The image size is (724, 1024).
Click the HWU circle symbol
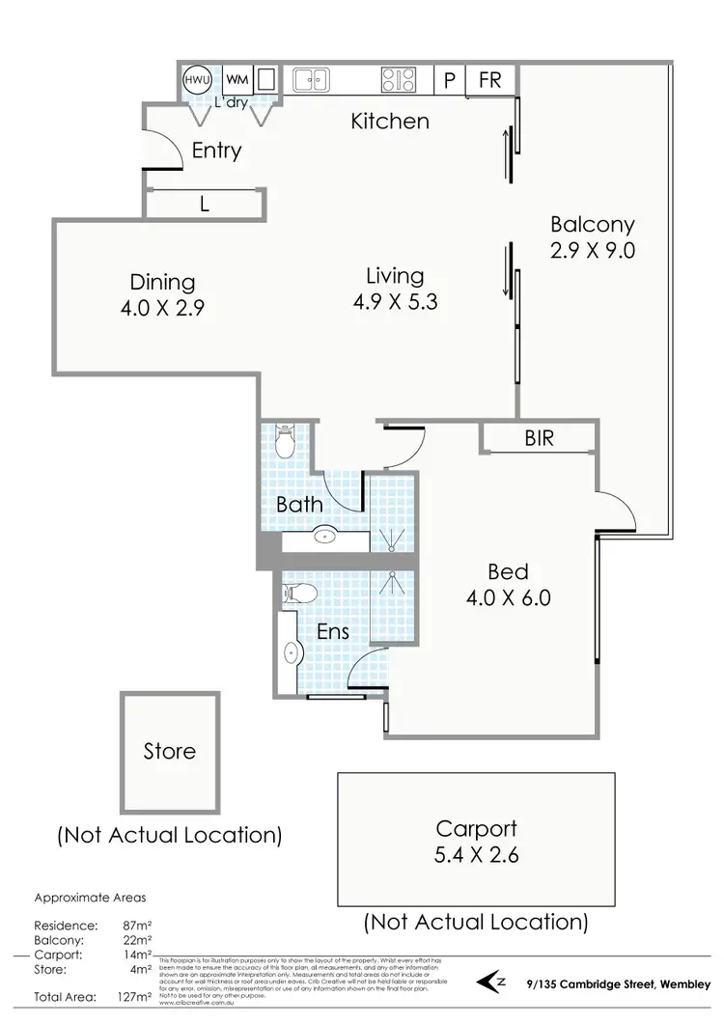point(196,80)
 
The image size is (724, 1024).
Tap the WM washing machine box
point(237,79)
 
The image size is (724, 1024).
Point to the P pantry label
point(449,80)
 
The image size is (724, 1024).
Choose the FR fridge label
point(489,79)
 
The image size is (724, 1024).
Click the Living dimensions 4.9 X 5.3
point(396,301)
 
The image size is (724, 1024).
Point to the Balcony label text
point(592,225)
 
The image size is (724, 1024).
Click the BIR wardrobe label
point(539,439)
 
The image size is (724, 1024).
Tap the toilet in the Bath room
point(285,443)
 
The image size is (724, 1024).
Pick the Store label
point(169,750)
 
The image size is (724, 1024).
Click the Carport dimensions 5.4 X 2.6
point(476,854)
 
